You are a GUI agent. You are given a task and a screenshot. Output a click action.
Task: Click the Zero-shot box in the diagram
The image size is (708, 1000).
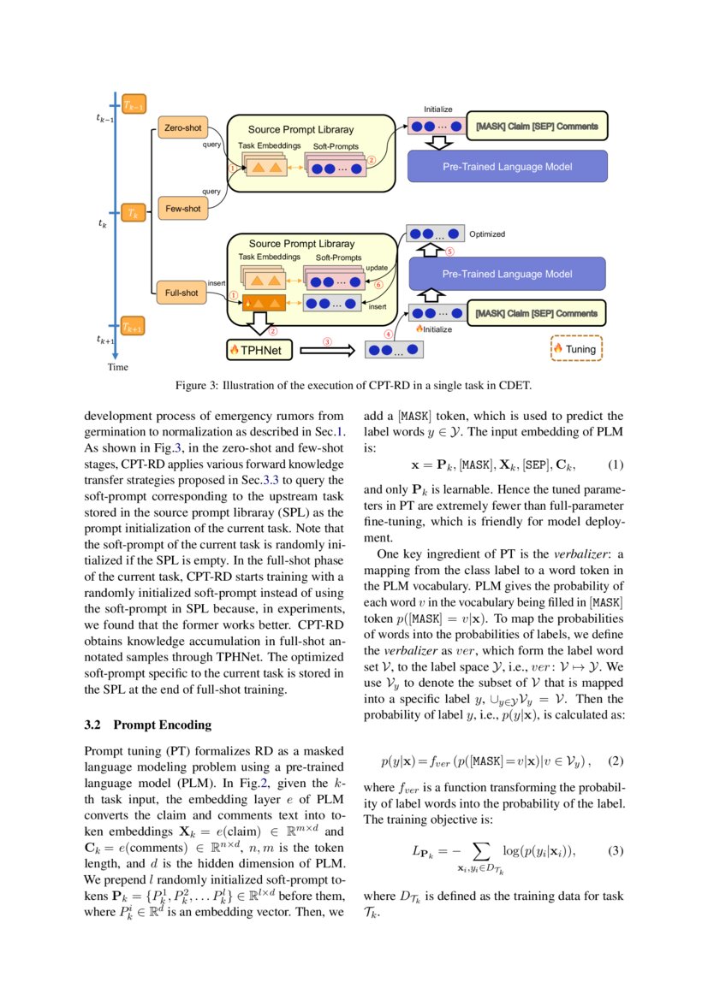click(181, 128)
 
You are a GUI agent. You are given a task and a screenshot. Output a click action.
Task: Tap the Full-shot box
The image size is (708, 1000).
click(181, 293)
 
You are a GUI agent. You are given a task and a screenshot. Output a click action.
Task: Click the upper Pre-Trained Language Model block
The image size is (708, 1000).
click(507, 166)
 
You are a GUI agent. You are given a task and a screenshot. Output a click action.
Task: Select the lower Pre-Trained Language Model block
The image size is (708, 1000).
click(507, 274)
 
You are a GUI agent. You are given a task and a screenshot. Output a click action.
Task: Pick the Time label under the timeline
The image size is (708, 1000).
click(117, 367)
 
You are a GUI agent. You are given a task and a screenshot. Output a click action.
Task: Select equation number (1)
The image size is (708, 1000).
click(616, 465)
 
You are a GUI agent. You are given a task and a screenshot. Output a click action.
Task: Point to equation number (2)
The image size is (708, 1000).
click(616, 760)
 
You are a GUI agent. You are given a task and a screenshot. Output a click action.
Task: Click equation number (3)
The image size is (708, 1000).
click(616, 851)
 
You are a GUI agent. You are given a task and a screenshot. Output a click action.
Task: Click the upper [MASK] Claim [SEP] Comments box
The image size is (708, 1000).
click(536, 127)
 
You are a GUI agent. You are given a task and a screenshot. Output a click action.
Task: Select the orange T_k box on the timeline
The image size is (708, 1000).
click(133, 211)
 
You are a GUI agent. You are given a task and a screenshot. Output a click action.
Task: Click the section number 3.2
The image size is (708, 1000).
click(93, 725)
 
